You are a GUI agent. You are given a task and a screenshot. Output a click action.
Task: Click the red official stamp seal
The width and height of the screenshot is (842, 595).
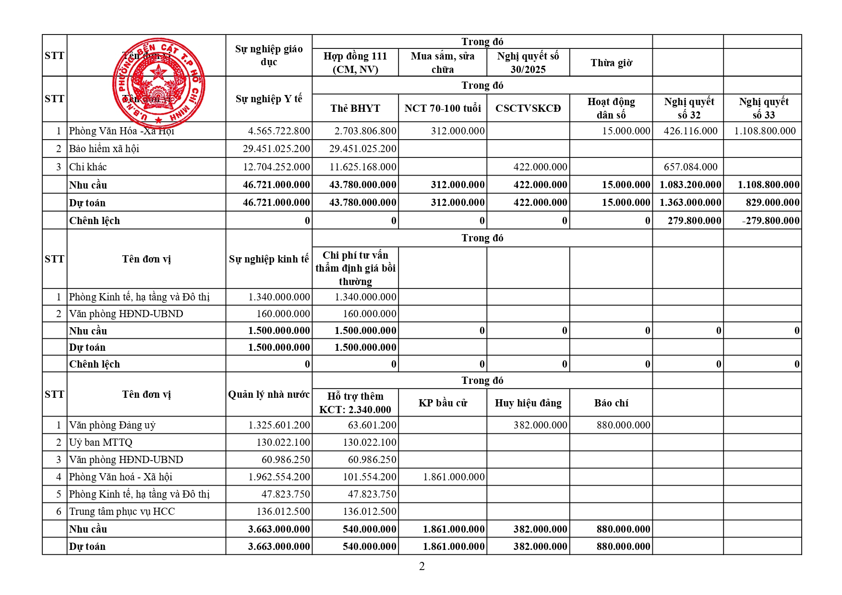(158, 81)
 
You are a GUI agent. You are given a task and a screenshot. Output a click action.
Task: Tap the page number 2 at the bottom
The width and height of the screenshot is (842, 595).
(421, 566)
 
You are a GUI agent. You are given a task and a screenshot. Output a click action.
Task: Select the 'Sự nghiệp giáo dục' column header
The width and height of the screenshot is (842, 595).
(269, 55)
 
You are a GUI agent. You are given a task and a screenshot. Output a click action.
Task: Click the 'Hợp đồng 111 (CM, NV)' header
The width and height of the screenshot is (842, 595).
(355, 62)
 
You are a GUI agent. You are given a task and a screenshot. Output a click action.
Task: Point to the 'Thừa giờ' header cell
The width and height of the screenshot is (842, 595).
(611, 63)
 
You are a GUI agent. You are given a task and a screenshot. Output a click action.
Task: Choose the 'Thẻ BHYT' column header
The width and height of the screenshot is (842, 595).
(355, 108)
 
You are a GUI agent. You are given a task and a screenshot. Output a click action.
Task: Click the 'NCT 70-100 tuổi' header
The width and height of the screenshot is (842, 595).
(443, 108)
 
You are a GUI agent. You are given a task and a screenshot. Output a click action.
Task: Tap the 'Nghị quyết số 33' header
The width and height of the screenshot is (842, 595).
(763, 108)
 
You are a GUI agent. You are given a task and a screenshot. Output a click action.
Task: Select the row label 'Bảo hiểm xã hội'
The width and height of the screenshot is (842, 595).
(104, 149)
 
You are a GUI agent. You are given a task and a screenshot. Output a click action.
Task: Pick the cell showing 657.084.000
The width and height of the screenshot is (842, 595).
(690, 167)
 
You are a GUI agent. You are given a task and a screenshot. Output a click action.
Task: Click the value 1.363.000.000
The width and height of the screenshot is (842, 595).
(690, 202)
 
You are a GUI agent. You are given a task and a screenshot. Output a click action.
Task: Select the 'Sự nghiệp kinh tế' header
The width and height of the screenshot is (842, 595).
(269, 259)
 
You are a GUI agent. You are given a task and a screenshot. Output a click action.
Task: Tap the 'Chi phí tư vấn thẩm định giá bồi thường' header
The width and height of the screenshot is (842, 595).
(355, 268)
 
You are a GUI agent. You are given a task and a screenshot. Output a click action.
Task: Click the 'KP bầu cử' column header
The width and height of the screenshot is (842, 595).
(443, 403)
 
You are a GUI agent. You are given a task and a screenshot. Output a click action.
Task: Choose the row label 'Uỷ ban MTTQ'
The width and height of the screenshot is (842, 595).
(101, 442)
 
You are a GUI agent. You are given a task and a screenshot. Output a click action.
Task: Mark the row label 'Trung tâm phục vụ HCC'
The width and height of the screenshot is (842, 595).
(122, 512)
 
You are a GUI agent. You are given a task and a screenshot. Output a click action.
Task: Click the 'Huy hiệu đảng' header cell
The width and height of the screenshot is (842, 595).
(528, 403)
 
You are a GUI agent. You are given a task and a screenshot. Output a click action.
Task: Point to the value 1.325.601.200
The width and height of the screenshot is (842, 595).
(279, 425)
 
